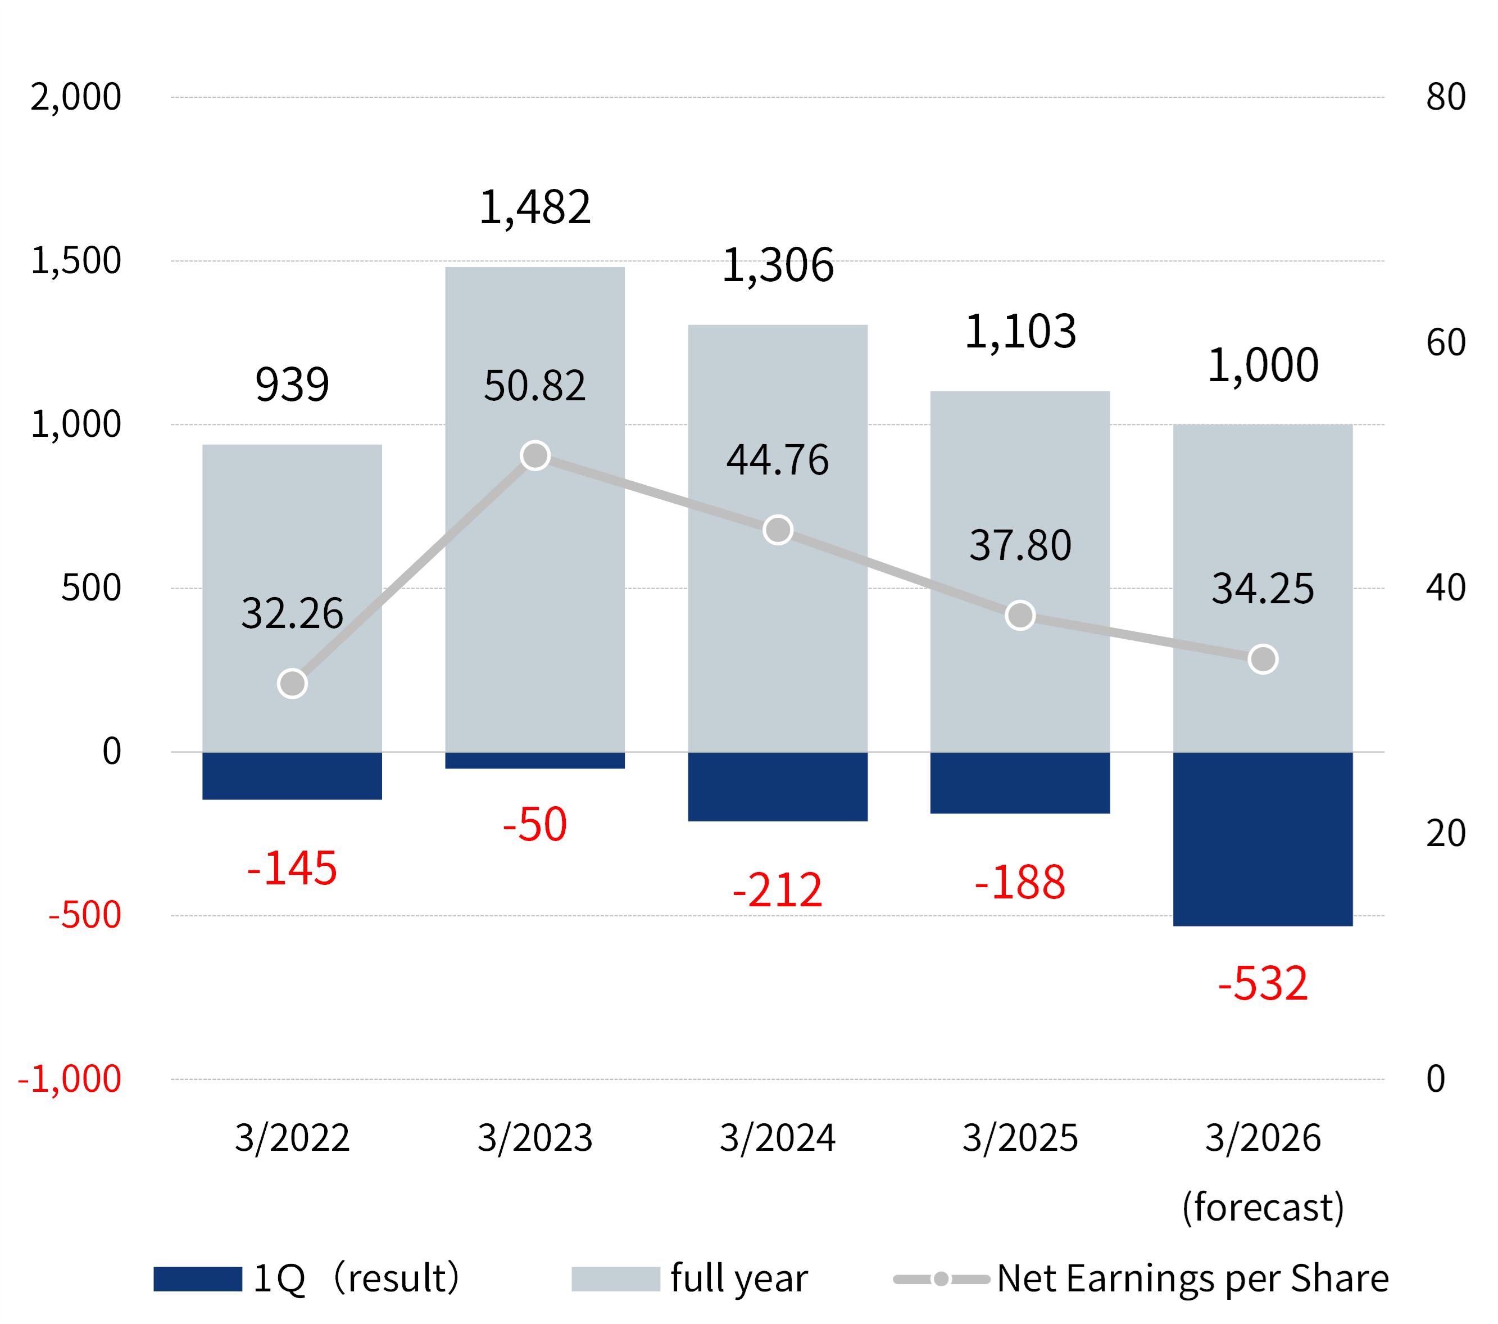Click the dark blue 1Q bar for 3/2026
[1262, 839]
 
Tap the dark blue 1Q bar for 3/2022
[292, 776]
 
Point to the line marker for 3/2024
[778, 529]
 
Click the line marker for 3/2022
[292, 683]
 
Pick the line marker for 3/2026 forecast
[1263, 658]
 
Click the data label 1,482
[534, 207]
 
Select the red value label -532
[1262, 983]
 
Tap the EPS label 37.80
[1020, 545]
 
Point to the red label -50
[534, 824]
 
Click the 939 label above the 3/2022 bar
[292, 385]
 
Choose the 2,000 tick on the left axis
[75, 97]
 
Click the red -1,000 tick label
[70, 1078]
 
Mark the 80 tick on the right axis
[1445, 97]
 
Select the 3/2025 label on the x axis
[1020, 1138]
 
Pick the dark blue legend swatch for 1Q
[197, 1278]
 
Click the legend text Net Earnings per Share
[1192, 1278]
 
